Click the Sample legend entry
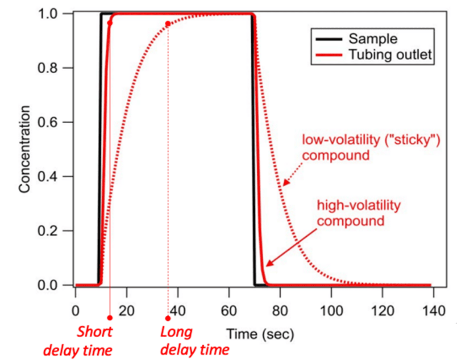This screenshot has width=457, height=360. pos(373,39)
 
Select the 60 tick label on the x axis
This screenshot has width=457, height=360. pos(229,309)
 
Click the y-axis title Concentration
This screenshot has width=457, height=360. pos(25,149)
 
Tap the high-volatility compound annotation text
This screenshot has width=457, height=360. pos(358,213)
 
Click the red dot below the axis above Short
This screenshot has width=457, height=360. pos(110,318)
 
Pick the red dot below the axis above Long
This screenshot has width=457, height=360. pos(168,318)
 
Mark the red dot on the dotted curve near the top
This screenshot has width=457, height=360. pos(168,24)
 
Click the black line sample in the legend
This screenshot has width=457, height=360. pos(329,39)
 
